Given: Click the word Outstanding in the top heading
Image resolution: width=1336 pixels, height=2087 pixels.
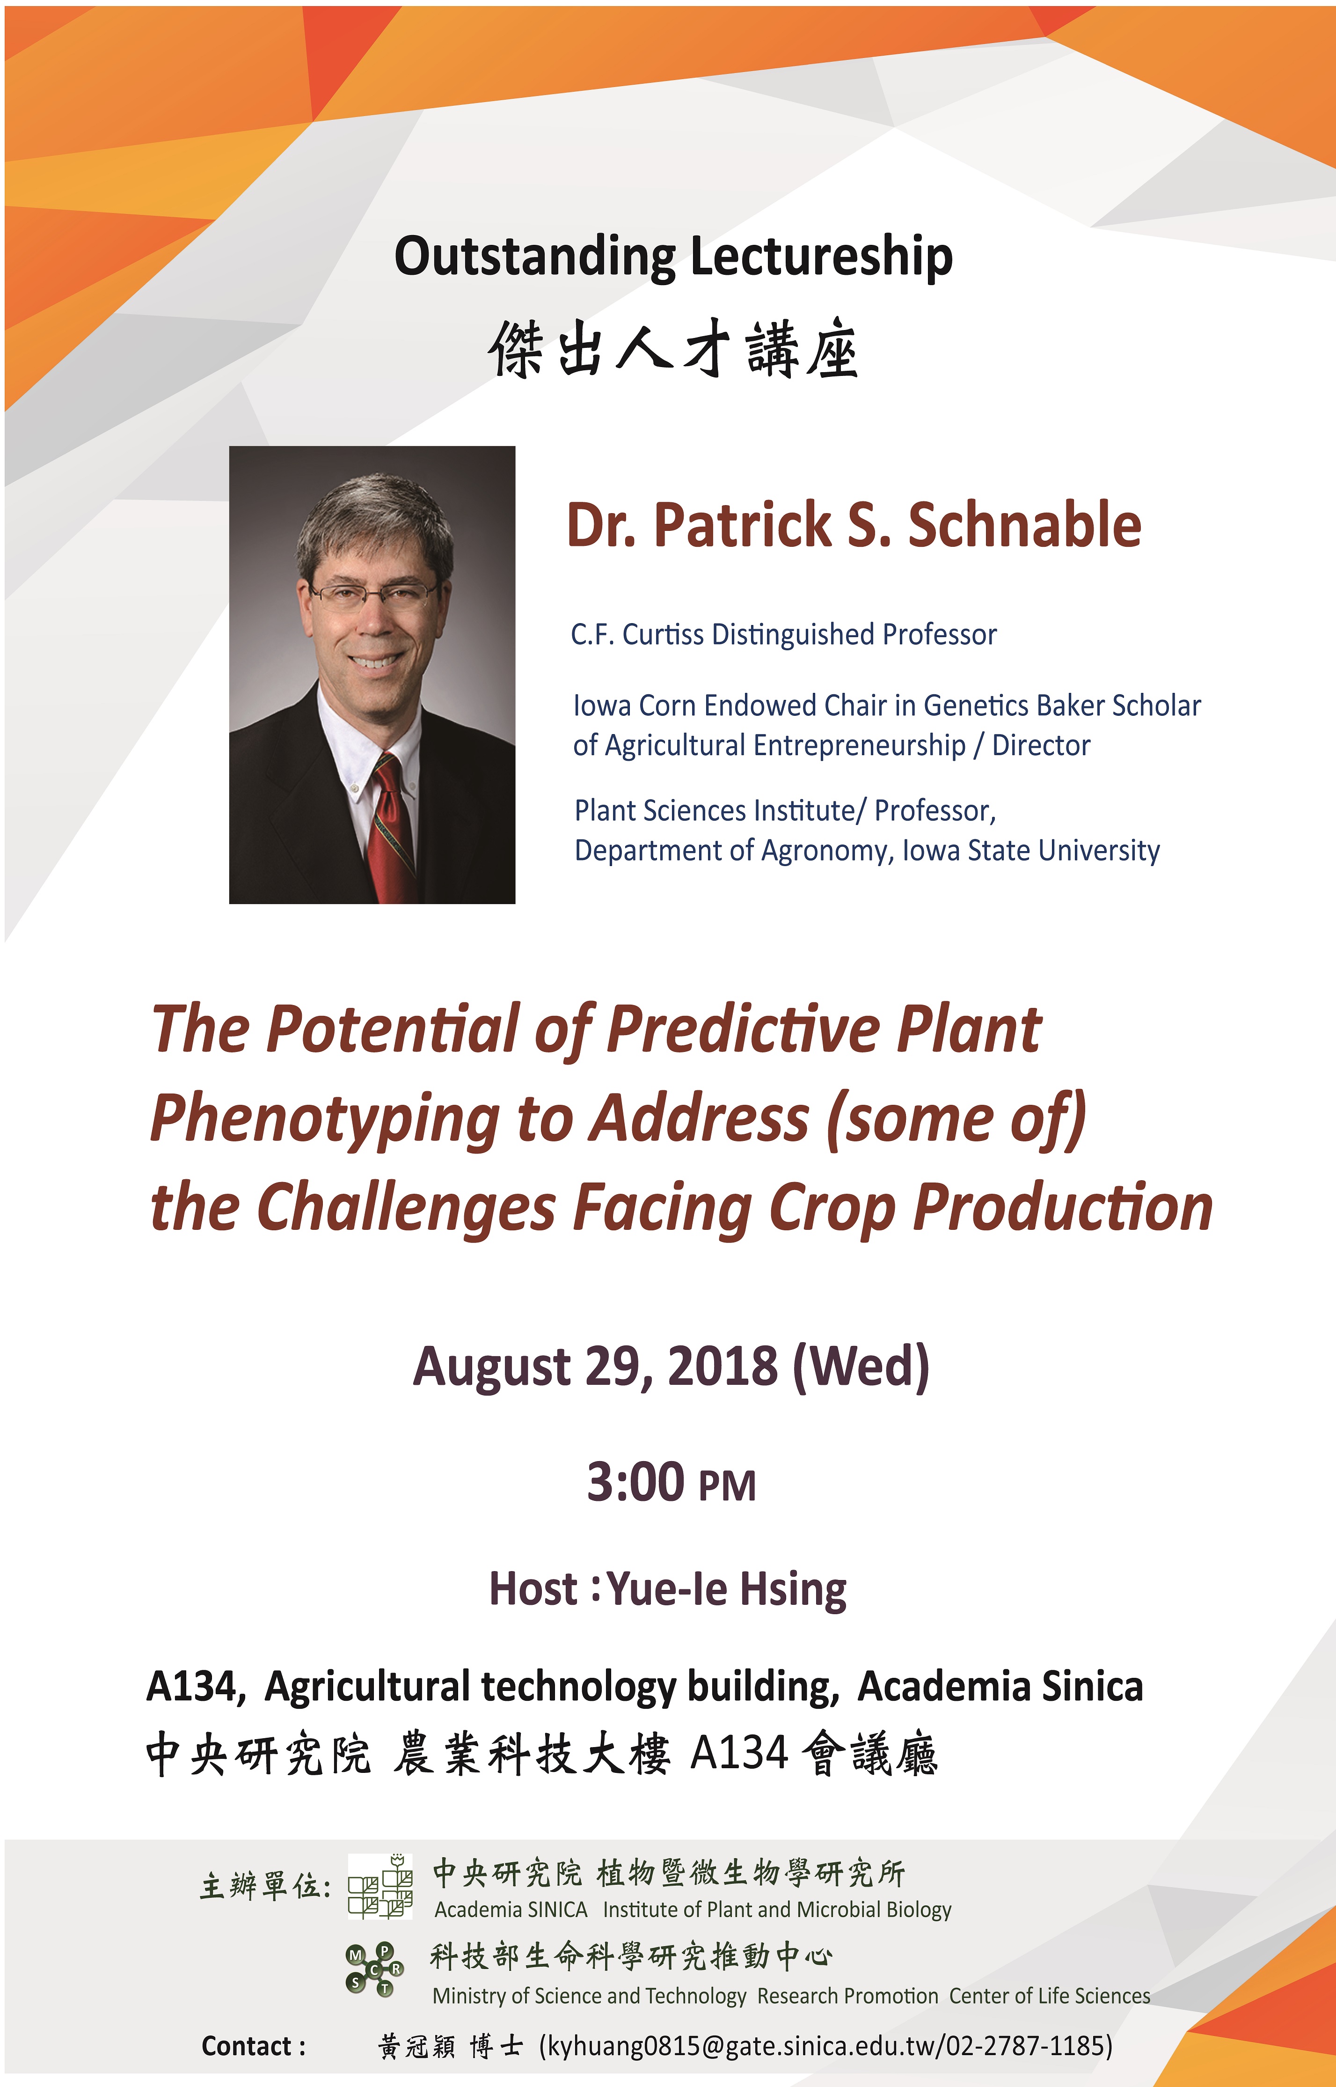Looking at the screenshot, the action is [534, 258].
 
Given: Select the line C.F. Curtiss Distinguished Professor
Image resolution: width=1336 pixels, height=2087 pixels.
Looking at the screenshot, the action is [783, 634].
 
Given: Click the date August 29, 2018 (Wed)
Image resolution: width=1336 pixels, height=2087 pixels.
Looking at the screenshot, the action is [671, 1367].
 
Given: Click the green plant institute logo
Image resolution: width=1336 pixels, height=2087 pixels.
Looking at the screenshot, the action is [380, 1885].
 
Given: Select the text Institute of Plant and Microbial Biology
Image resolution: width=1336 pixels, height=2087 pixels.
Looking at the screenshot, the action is [777, 1909].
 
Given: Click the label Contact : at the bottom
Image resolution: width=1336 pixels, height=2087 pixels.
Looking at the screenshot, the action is [253, 2046].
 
